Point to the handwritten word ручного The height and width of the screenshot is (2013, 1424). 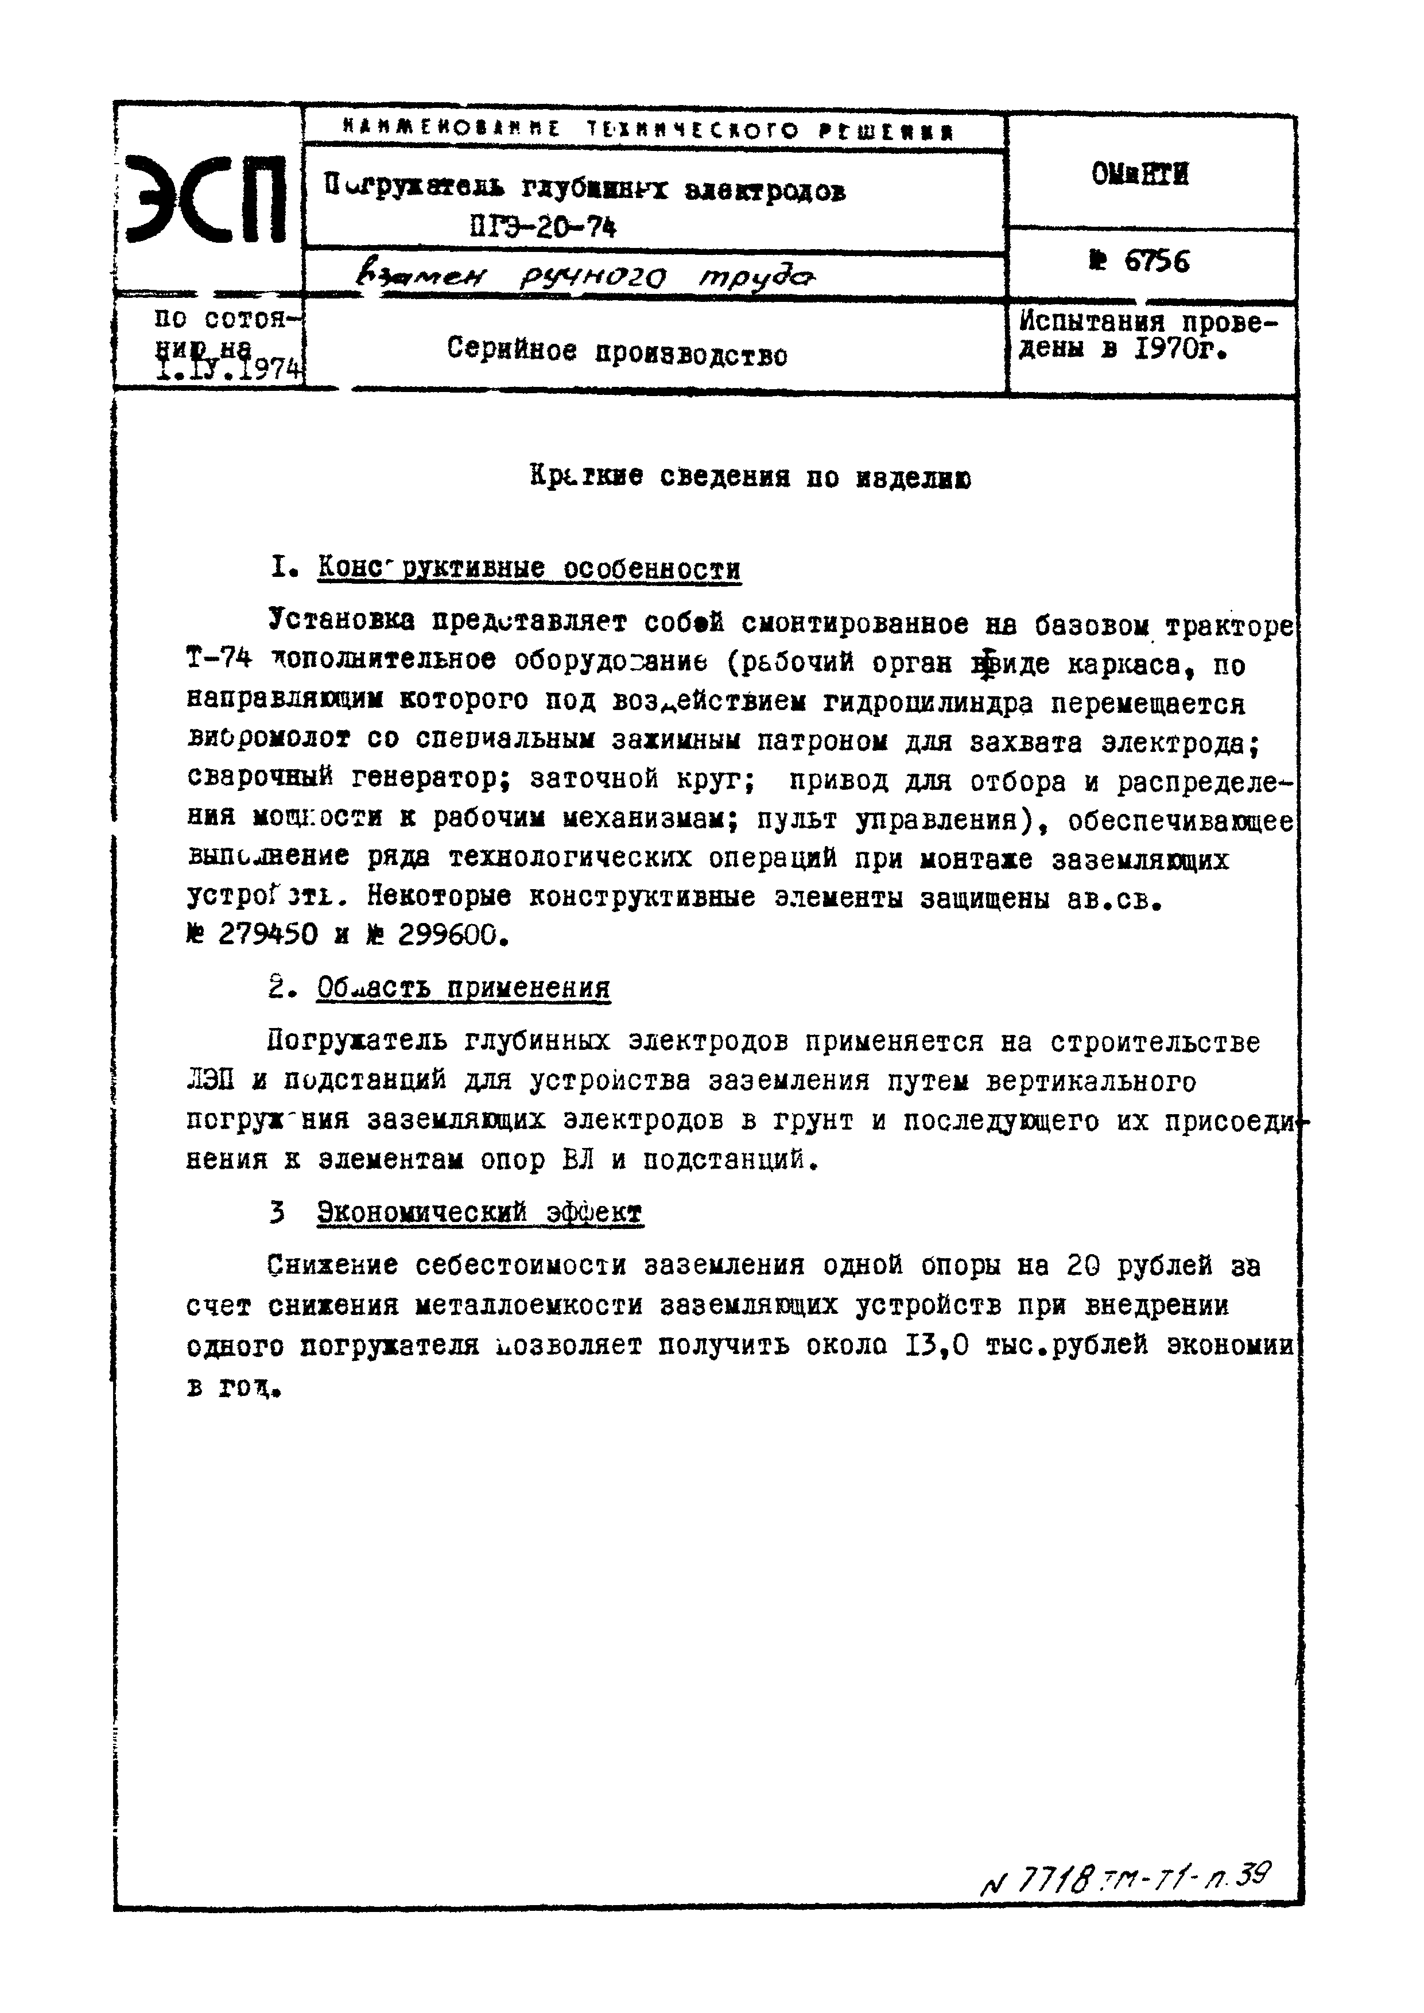[593, 279]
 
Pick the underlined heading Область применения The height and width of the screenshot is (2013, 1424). [463, 988]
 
